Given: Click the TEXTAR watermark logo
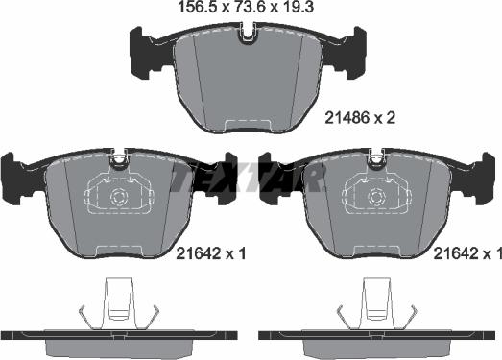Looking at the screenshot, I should click(x=247, y=178).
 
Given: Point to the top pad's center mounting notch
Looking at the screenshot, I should click(x=248, y=36).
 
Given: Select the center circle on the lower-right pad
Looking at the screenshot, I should click(x=375, y=199).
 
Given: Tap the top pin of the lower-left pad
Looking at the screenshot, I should click(x=120, y=155).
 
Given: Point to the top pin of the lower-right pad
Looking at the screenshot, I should click(x=375, y=155).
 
